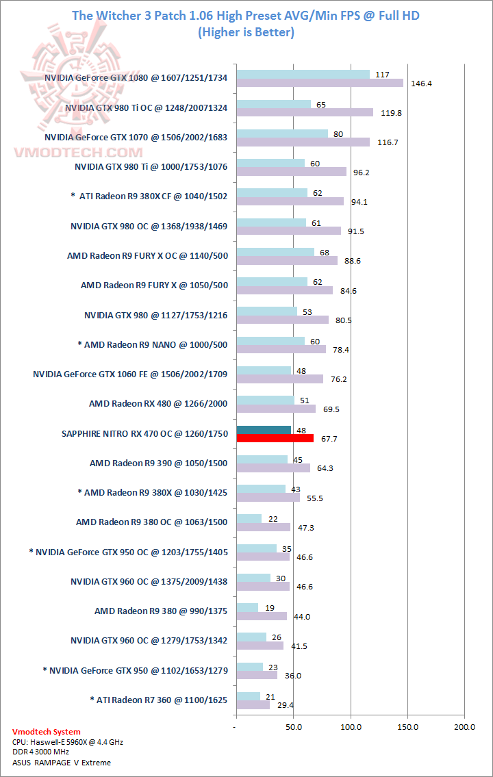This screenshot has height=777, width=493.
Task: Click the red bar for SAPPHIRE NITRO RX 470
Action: tap(275, 438)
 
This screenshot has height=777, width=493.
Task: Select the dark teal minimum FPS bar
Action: tap(264, 430)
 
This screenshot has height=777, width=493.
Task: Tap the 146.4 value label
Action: tap(421, 84)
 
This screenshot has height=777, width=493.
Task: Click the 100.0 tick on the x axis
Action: tap(351, 726)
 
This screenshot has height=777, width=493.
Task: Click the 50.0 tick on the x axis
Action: tap(294, 726)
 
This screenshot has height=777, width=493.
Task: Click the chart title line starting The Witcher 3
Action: tap(246, 14)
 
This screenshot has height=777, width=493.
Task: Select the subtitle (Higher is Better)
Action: tap(246, 31)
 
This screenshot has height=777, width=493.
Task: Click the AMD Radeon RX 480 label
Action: tap(158, 404)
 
